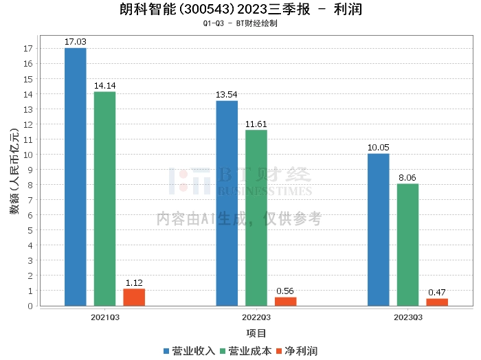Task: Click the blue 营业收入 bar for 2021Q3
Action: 76,177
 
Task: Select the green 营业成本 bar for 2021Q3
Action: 105,199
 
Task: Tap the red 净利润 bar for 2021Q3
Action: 134,297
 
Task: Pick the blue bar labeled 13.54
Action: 227,203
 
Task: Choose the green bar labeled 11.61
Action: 256,218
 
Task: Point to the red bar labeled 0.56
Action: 286,302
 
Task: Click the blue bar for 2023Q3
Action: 379,229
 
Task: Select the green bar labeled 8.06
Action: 407,245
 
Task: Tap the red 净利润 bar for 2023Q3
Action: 437,302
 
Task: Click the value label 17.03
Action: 76,42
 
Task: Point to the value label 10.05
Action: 379,148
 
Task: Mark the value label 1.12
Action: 134,282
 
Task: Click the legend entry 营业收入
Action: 190,351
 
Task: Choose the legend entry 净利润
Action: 296,351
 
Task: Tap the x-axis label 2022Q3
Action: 256,317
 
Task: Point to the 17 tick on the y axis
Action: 28,48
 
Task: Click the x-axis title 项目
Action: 256,333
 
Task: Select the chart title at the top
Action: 240,10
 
